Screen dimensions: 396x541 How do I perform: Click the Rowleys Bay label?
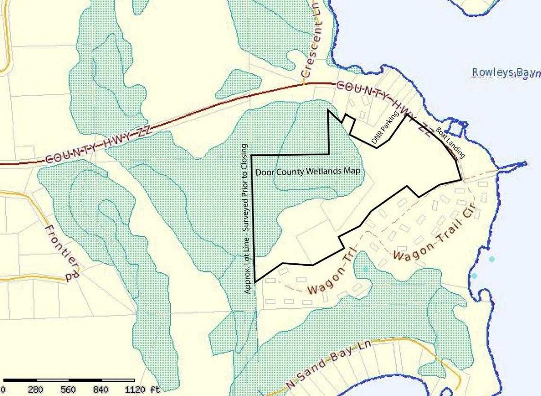(x=505, y=72)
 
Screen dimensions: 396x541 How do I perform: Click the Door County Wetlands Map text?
(x=311, y=172)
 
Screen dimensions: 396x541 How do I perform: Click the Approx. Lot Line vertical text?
(x=248, y=218)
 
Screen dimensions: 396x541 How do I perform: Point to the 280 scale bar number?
(x=35, y=390)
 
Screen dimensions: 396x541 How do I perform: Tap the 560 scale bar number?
(x=69, y=390)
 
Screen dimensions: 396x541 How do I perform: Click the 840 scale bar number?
(x=101, y=390)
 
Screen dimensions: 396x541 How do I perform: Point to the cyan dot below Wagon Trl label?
(x=365, y=269)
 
